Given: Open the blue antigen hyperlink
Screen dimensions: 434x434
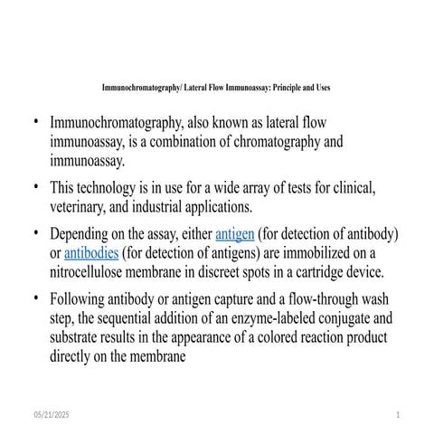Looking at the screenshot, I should (x=234, y=233).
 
